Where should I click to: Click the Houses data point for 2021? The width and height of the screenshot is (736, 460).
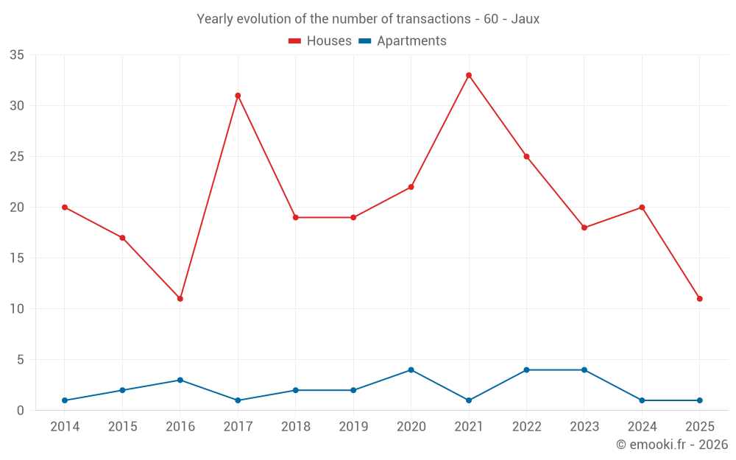[x=469, y=75]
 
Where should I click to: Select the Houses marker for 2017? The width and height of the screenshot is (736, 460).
[x=238, y=96]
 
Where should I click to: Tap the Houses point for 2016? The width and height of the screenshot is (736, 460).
[x=180, y=299]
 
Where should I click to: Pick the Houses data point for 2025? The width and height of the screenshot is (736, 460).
[x=699, y=299]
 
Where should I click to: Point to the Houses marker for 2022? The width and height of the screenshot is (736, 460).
[x=526, y=157]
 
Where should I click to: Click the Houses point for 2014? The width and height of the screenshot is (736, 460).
[x=65, y=208]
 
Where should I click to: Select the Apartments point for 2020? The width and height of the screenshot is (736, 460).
[x=411, y=370]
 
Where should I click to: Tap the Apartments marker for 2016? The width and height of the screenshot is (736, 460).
[x=180, y=381]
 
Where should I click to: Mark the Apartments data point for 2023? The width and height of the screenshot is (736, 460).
[x=584, y=370]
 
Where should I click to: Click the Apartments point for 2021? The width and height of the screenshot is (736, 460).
[x=469, y=400]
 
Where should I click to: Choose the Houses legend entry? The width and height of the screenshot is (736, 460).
[x=320, y=41]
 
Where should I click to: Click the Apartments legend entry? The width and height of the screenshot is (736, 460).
[x=403, y=41]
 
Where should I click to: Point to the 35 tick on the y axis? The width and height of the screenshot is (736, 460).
[x=17, y=55]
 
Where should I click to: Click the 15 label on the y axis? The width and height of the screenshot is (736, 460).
[x=17, y=258]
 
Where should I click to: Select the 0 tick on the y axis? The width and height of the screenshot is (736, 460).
[x=21, y=411]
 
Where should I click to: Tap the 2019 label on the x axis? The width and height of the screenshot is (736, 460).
[x=353, y=427]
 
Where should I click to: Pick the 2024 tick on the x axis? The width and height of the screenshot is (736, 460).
[x=642, y=427]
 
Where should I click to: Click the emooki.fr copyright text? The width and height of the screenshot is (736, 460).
[x=672, y=445]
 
